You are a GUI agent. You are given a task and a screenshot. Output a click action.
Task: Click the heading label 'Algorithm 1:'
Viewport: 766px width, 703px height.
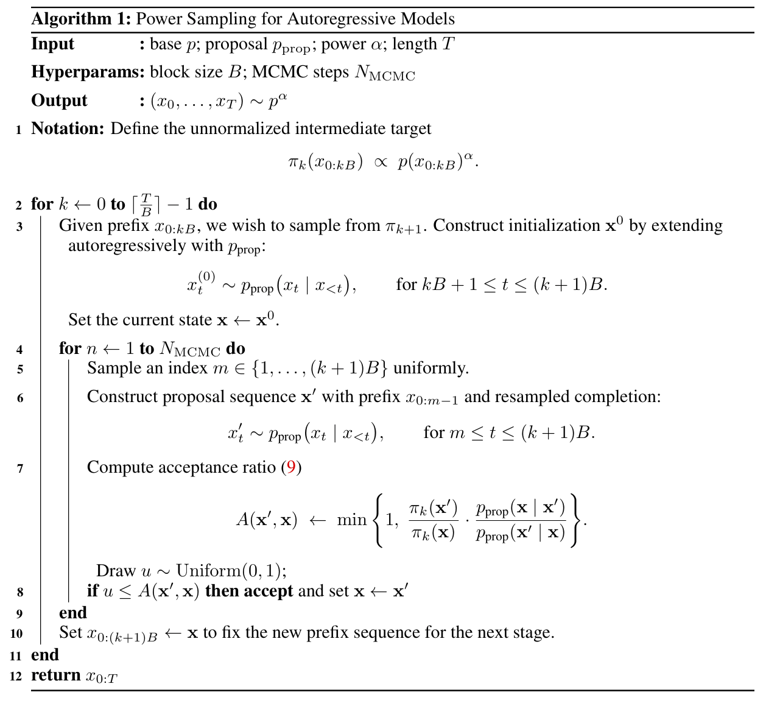81,19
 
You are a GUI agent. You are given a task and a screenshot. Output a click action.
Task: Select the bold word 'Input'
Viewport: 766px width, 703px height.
52,44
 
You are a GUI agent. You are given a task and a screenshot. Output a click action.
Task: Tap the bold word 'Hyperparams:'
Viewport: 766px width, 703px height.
88,72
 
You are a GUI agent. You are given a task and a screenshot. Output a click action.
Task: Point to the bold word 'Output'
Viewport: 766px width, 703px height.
59,101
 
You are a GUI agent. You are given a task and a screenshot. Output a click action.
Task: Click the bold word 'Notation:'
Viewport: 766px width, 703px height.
68,129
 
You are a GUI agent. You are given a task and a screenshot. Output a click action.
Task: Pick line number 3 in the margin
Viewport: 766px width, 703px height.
19,227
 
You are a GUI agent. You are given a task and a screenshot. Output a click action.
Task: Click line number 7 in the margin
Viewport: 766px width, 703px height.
19,468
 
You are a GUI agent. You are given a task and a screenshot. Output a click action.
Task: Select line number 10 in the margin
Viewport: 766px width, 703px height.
16,634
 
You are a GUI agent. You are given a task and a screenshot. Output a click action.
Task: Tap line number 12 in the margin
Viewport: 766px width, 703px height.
16,676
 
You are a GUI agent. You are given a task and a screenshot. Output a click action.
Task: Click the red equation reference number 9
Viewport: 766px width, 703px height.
291,467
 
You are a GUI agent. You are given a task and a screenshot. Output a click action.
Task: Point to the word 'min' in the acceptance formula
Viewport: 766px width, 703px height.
351,520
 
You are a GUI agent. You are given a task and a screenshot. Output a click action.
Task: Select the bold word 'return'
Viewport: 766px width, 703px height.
56,675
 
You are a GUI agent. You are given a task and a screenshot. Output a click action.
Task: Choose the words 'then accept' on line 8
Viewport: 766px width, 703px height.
249,591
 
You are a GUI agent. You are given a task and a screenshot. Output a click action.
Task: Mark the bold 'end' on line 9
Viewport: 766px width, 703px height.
73,612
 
